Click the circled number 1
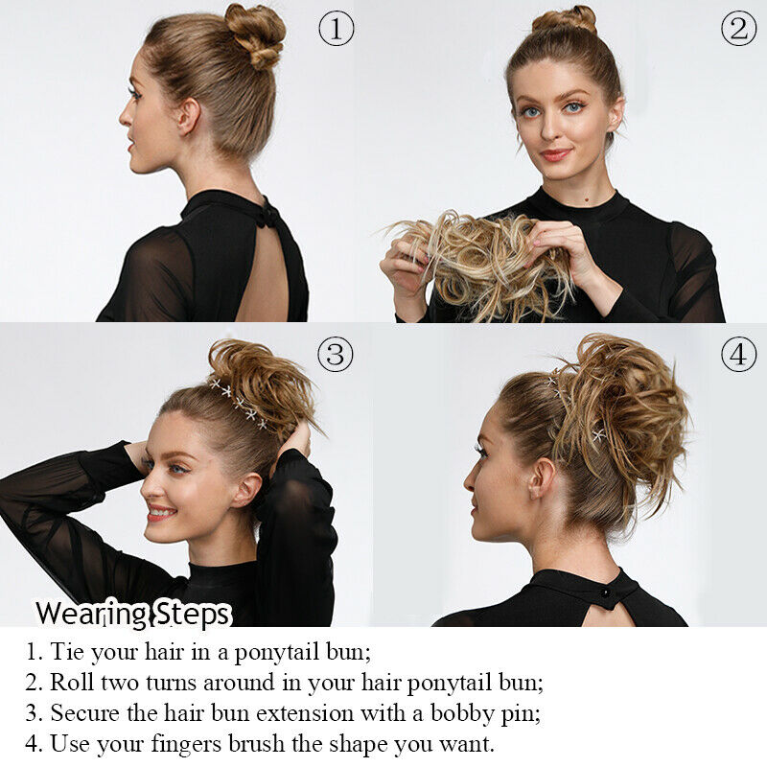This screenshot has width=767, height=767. (x=337, y=29)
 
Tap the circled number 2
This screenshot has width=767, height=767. (x=738, y=29)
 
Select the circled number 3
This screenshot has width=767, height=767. (x=335, y=354)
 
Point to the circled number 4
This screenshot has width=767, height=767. (x=738, y=354)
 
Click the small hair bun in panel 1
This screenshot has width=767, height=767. (x=255, y=35)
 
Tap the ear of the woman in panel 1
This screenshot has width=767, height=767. (x=189, y=116)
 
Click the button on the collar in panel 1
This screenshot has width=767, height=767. (x=268, y=217)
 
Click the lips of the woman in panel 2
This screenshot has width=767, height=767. (x=556, y=154)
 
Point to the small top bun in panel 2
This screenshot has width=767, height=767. (x=565, y=20)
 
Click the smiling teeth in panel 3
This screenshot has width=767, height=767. (x=160, y=512)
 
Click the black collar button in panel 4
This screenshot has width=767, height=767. (x=606, y=593)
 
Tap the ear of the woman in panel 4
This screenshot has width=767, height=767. (x=542, y=477)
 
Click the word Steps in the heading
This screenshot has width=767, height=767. (x=191, y=615)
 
